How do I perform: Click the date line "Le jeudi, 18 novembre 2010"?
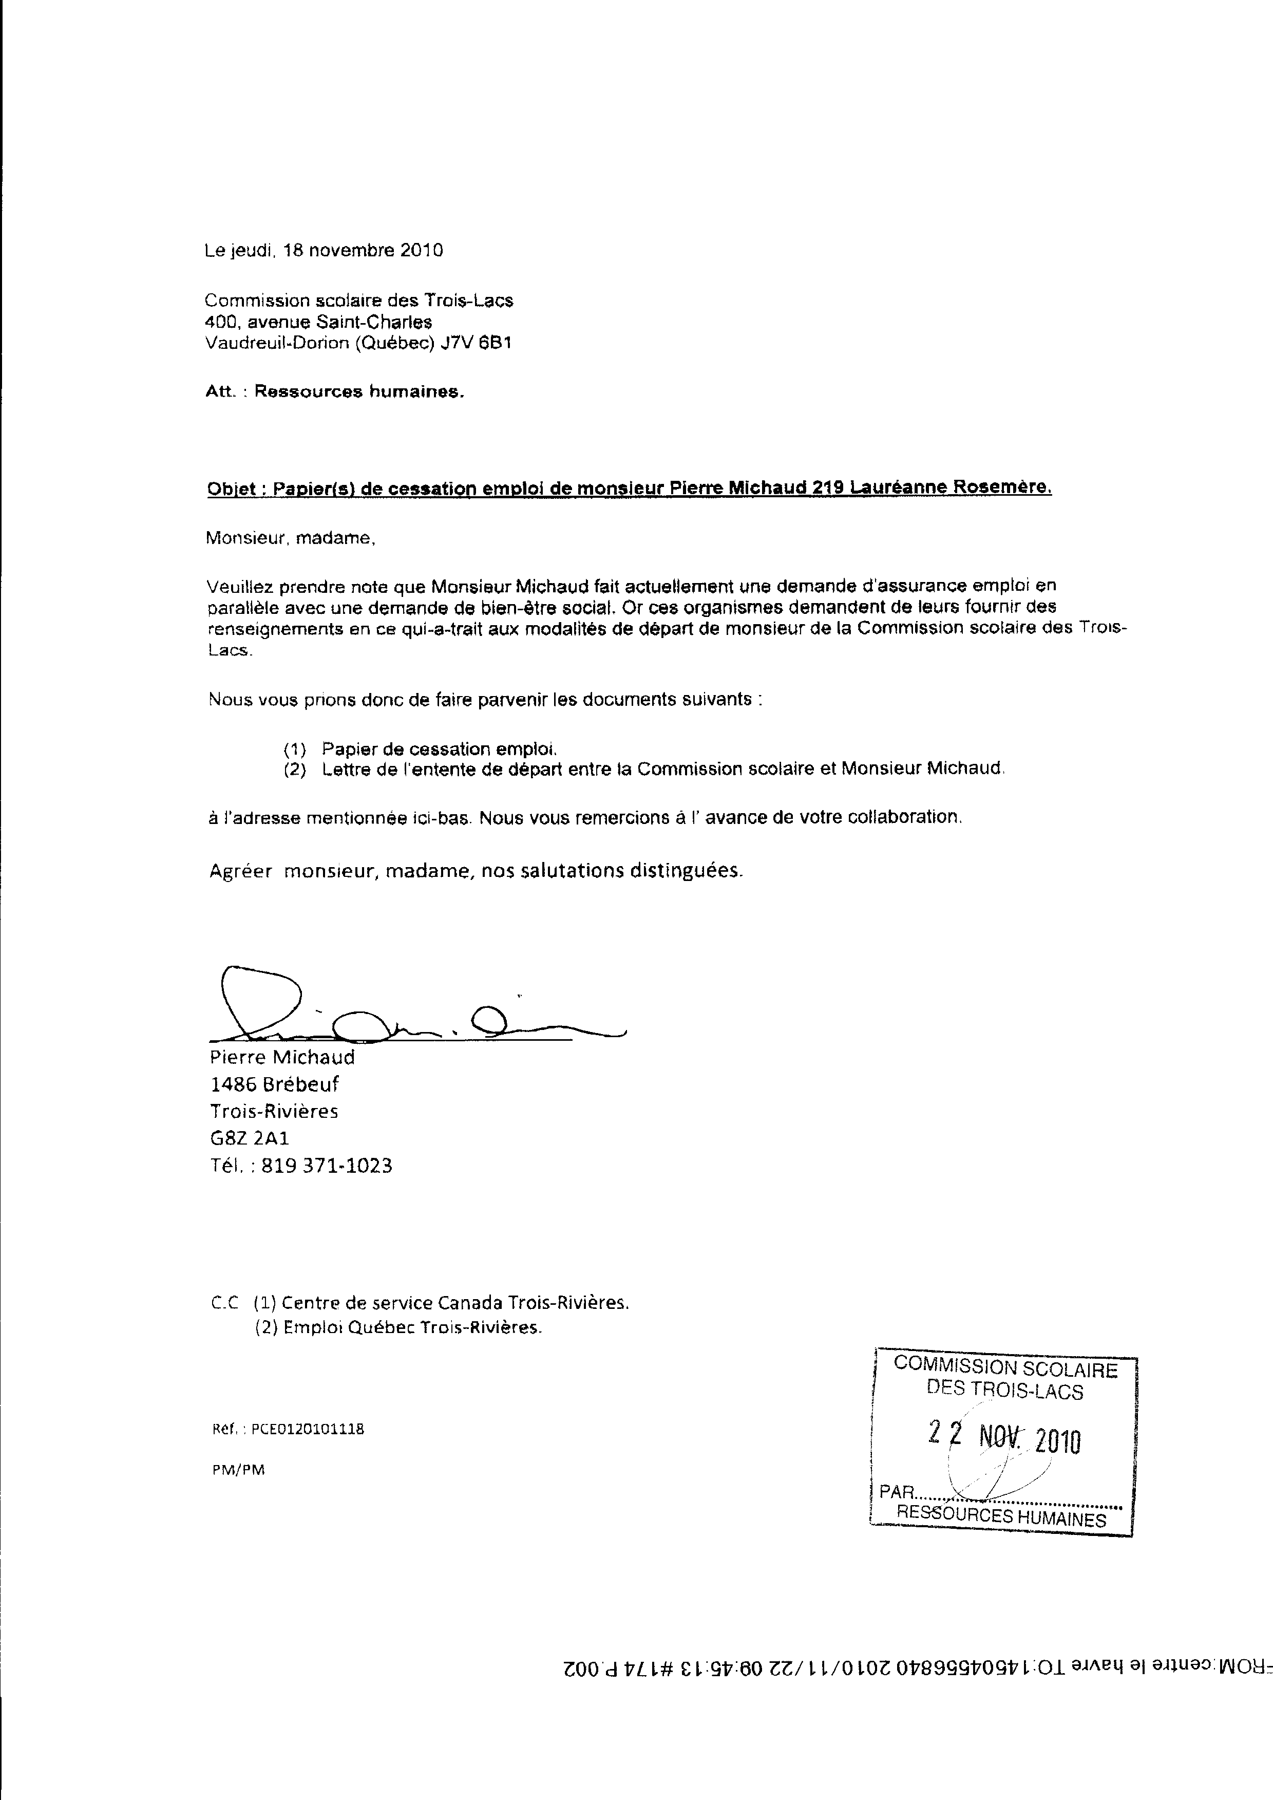click(x=324, y=250)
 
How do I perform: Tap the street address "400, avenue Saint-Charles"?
click(x=318, y=322)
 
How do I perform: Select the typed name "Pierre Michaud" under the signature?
click(x=282, y=1058)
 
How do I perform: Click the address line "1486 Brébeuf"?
click(x=274, y=1084)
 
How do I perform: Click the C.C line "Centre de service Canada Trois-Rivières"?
click(x=454, y=1303)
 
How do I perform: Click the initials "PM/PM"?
click(x=238, y=1470)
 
